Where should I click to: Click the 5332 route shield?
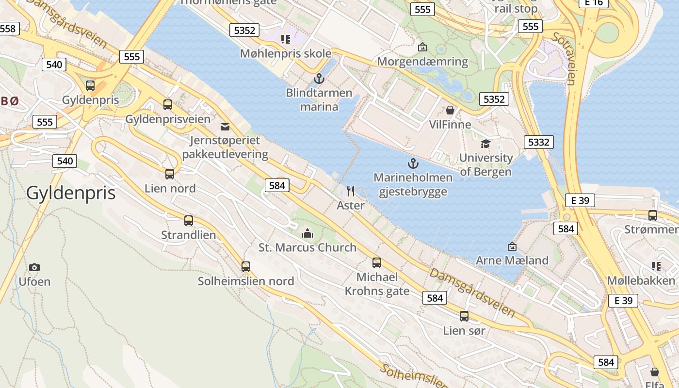click(x=538, y=142)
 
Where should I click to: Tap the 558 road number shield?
click(x=8, y=29)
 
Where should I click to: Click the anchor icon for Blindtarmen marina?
click(x=319, y=78)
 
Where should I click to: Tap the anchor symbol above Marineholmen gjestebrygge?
click(x=413, y=163)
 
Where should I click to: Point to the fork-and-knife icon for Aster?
click(x=351, y=191)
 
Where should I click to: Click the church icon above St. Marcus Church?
click(x=307, y=233)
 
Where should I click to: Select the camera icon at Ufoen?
click(x=34, y=267)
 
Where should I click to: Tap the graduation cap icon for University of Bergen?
click(x=485, y=144)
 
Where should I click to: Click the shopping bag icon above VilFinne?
click(x=450, y=110)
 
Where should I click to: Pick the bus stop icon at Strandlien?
click(x=188, y=221)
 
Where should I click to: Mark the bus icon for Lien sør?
click(x=464, y=316)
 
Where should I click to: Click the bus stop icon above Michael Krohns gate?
click(x=376, y=263)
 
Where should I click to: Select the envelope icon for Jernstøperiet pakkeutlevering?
click(x=225, y=127)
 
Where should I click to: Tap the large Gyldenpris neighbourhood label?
click(x=71, y=193)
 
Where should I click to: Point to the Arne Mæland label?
click(x=512, y=260)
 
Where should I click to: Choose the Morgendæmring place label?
click(x=422, y=62)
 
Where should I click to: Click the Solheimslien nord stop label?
click(x=246, y=281)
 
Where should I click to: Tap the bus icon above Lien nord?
click(x=169, y=174)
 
